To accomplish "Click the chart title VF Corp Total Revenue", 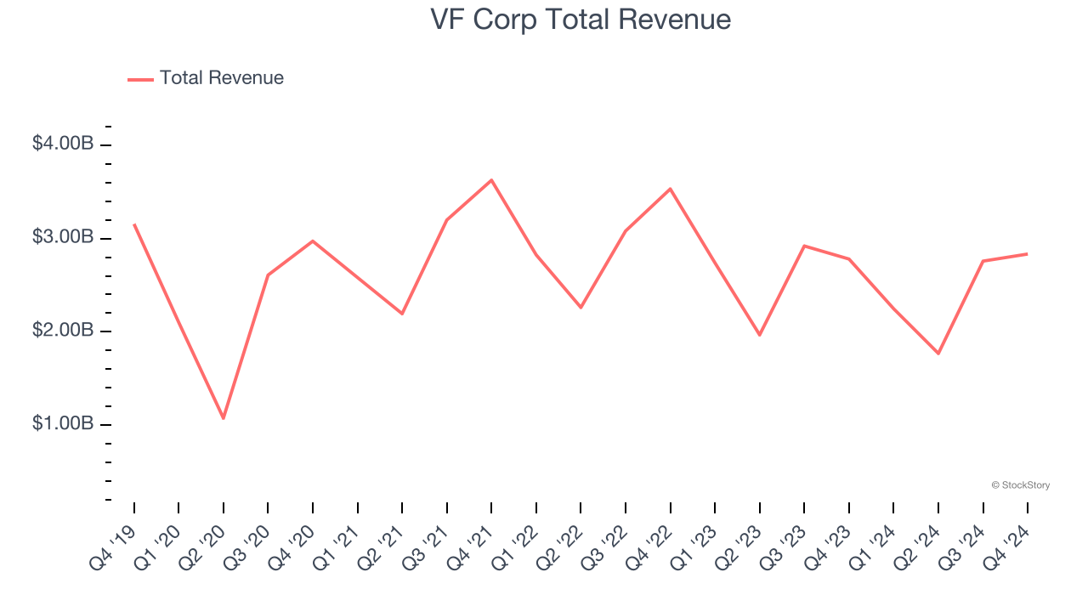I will [x=581, y=20].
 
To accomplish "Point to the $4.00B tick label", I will [x=62, y=144].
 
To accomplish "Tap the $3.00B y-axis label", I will [x=62, y=237].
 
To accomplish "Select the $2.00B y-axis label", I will [x=62, y=331].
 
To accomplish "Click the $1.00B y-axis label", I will [x=62, y=423].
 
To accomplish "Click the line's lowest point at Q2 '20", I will [x=224, y=418].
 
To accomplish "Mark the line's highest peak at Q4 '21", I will [x=491, y=180].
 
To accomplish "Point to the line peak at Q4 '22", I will [x=671, y=189].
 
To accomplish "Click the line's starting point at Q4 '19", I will [x=134, y=224].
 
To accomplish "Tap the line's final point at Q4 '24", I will [x=1028, y=253].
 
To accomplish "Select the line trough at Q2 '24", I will [x=938, y=353].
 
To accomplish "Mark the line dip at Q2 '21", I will [x=402, y=314].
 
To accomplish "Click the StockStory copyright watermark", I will [x=1020, y=485].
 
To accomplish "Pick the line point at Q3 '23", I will [x=804, y=246].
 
